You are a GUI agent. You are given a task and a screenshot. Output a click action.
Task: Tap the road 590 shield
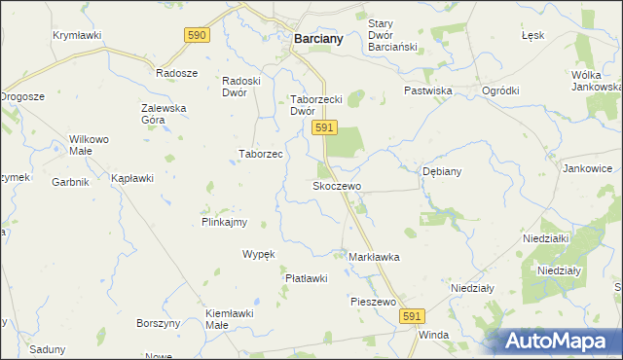coord(197,35)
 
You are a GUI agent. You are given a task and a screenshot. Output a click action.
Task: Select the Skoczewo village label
coord(337,185)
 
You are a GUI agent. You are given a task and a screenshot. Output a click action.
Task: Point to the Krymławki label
coord(77,35)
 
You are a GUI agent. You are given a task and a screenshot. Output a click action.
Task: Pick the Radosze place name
coord(177,73)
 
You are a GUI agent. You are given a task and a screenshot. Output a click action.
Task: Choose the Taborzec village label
coord(261,154)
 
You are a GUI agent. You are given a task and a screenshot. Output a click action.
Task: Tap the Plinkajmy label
coord(224,222)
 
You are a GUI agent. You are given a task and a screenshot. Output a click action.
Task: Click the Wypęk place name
coord(259,254)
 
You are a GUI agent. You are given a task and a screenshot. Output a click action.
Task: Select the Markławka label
coord(374,257)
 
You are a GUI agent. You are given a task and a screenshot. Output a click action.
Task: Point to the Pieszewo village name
coord(373,302)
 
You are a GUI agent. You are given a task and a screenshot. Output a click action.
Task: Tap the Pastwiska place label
coord(429,90)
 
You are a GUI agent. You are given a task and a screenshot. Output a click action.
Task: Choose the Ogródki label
coord(500,90)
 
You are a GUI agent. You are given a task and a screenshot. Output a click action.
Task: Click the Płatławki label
coord(306,278)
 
